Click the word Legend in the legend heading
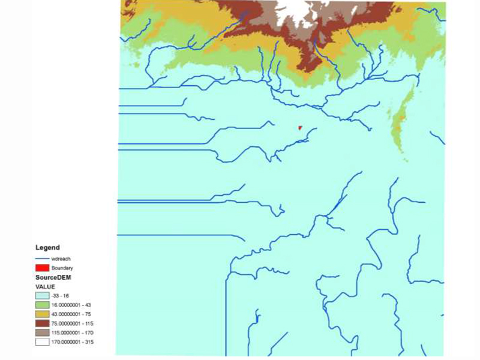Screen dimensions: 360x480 [47, 247]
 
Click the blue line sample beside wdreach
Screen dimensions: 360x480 [42, 259]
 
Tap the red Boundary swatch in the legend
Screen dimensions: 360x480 [42, 268]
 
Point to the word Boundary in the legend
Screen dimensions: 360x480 [62, 268]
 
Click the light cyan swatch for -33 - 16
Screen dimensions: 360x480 [42, 296]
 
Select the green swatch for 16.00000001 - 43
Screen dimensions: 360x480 [42, 305]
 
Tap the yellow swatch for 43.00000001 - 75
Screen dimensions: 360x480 [42, 314]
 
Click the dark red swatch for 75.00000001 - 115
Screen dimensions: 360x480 [42, 323]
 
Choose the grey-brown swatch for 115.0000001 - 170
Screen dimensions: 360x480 [42, 332]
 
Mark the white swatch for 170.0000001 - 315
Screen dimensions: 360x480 [42, 341]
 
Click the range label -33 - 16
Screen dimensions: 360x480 [61, 296]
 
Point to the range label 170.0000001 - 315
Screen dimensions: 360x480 [73, 341]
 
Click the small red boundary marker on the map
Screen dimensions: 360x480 [299, 127]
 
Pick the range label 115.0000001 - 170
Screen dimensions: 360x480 [73, 332]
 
